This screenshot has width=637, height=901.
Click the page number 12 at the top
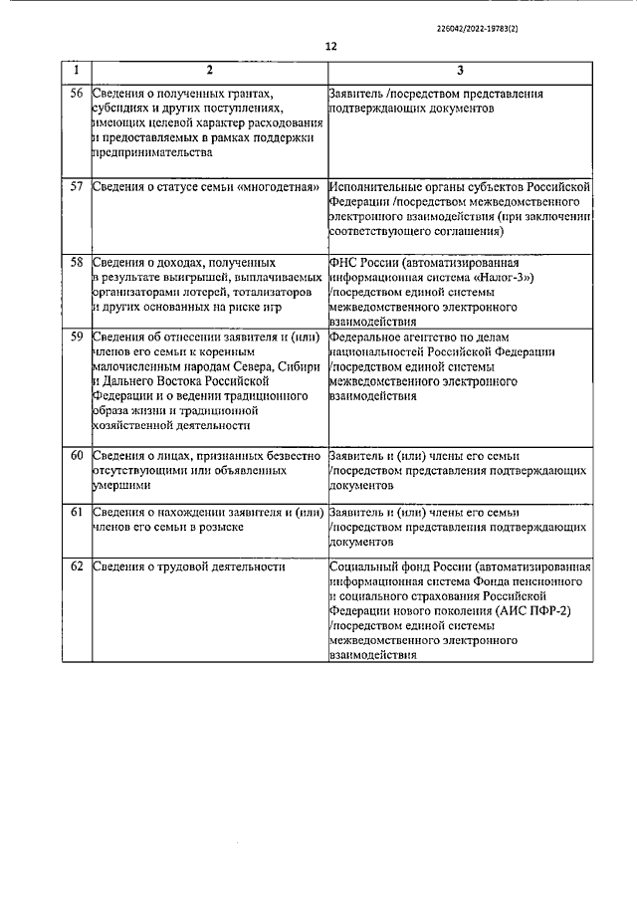(330, 46)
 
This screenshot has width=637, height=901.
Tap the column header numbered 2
(208, 72)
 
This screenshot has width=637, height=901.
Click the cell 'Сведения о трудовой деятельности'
(188, 567)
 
